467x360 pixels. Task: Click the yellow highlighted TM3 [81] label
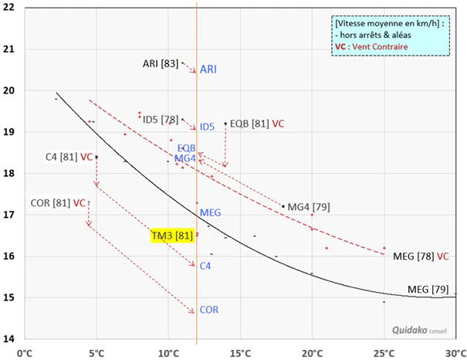172,235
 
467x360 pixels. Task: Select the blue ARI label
208,70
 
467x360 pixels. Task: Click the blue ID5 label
207,127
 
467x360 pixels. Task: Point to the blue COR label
208,310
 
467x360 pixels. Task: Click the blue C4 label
205,267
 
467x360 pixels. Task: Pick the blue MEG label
210,212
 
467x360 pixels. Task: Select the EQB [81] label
249,124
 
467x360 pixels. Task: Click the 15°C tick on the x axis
240,354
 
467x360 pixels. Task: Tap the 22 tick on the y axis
10,8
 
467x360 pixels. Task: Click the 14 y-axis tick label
10,338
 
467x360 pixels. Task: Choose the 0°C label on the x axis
25,354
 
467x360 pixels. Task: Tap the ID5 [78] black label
160,119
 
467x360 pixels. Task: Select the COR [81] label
51,203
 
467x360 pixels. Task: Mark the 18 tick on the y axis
10,173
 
